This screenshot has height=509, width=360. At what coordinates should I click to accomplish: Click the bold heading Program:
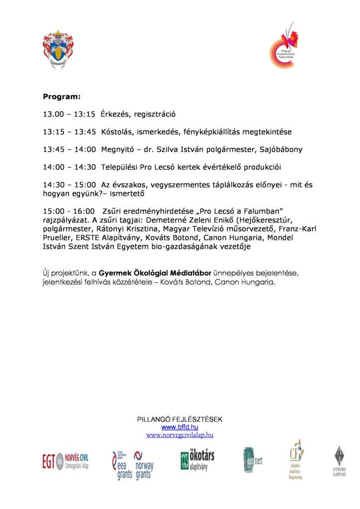coord(62,96)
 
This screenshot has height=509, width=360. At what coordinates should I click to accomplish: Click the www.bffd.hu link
coord(180,427)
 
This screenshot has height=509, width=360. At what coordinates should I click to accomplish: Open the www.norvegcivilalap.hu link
coord(180,434)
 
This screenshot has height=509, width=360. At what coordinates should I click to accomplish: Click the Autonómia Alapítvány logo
coord(340,461)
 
